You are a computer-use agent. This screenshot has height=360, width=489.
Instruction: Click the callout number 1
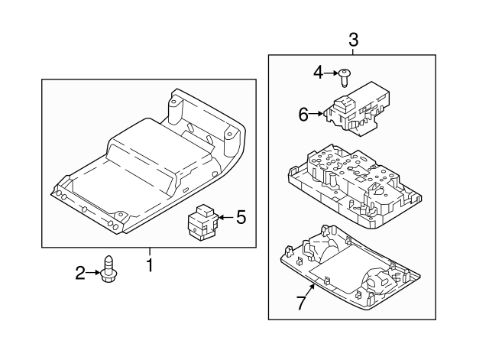click(x=150, y=266)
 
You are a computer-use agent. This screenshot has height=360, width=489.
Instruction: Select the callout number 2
click(x=79, y=271)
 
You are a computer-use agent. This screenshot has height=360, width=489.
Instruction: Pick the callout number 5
click(x=241, y=218)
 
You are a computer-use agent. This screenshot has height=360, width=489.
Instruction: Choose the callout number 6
click(x=303, y=115)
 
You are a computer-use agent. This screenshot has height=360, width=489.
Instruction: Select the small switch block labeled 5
click(x=202, y=222)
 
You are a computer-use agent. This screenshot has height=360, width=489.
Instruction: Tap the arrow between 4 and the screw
click(x=333, y=73)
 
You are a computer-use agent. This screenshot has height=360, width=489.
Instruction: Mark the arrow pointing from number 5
click(x=225, y=218)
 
